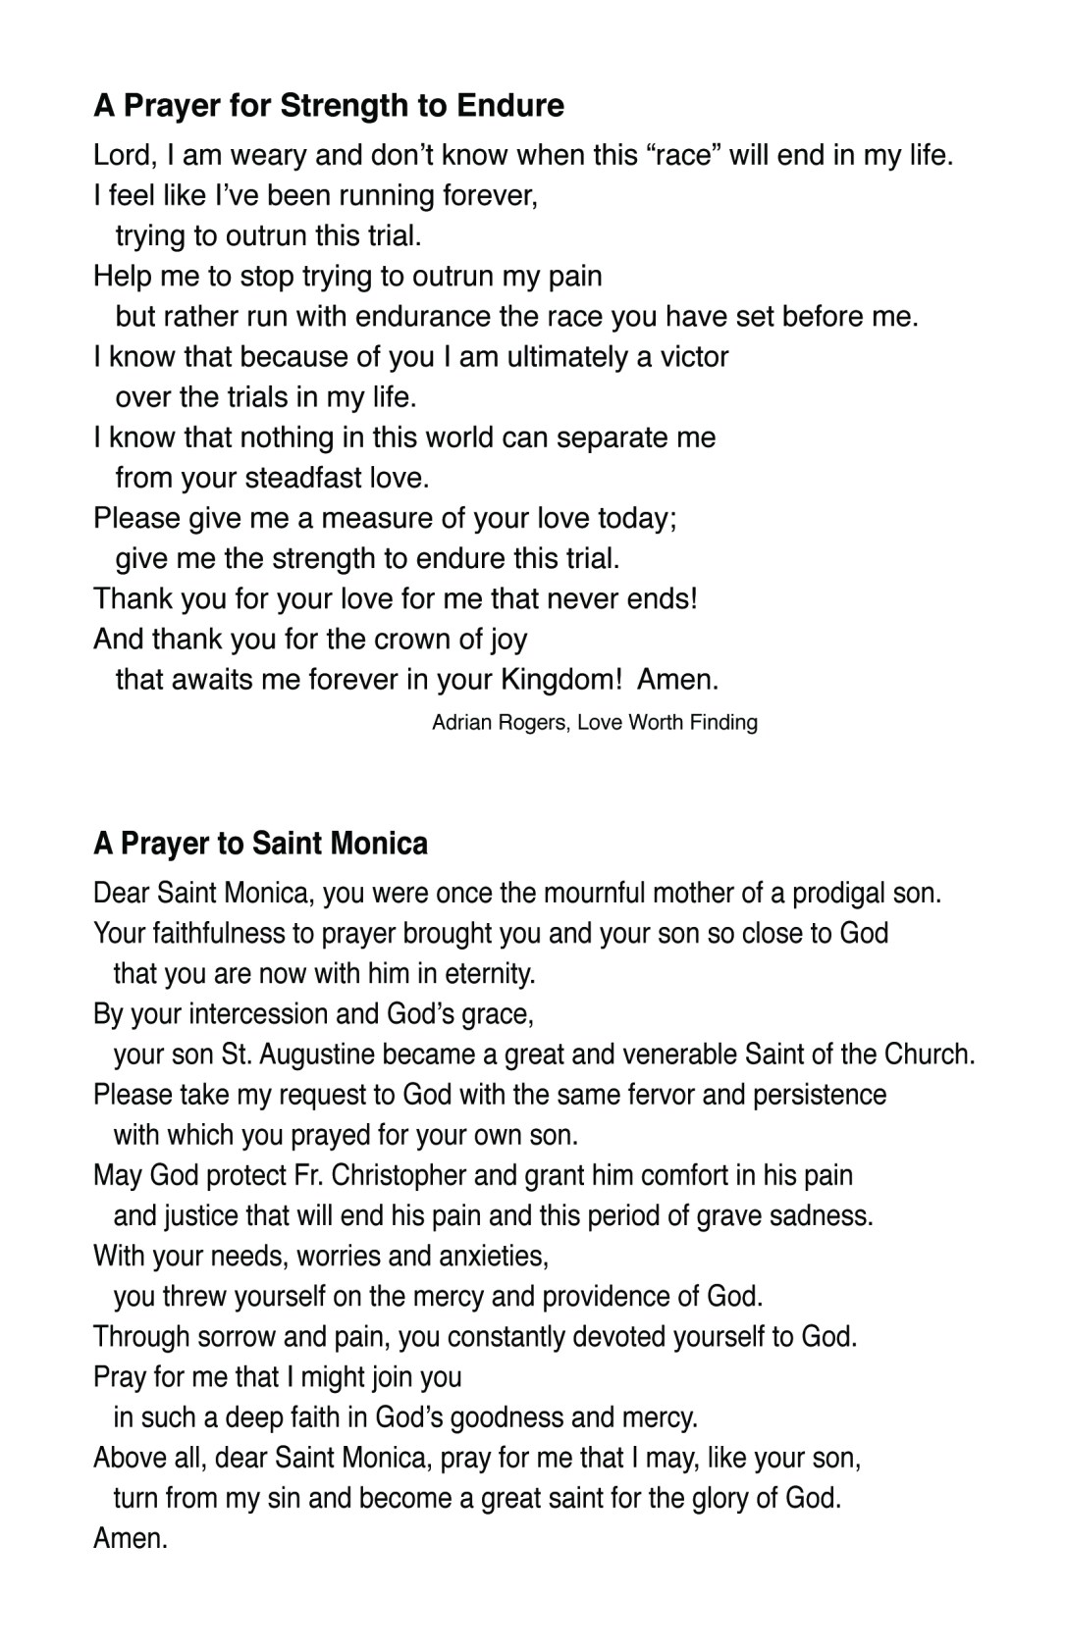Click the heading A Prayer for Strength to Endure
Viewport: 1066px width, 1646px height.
328,105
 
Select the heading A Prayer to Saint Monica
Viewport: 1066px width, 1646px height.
260,843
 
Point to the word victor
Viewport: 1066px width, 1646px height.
694,356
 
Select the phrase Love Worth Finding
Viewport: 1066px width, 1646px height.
667,723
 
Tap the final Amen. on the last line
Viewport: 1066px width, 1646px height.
131,1538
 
